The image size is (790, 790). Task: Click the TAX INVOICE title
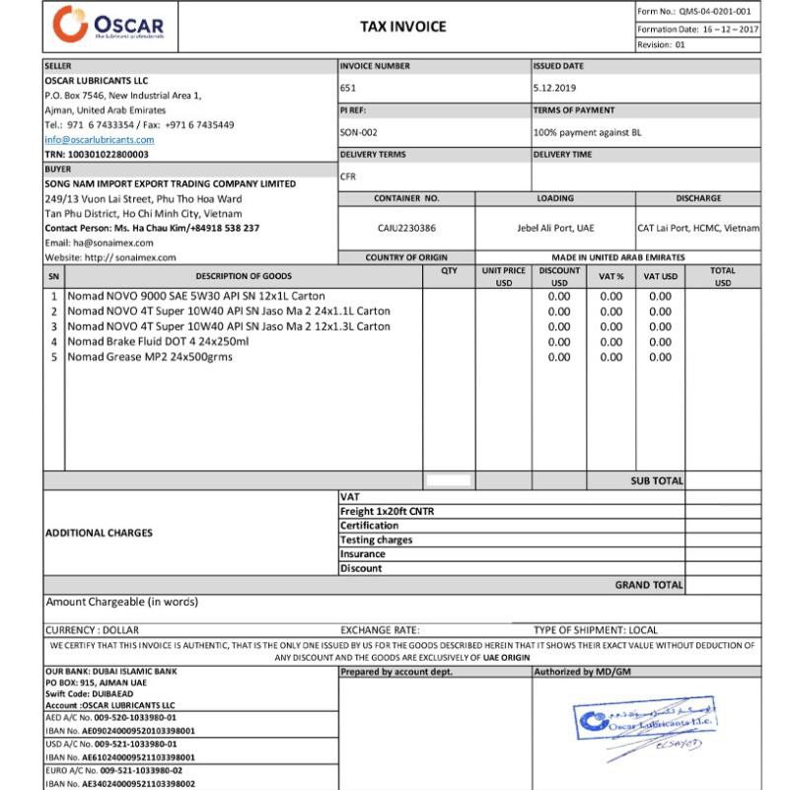[402, 27]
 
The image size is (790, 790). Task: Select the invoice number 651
[348, 88]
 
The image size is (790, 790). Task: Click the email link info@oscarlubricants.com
[100, 140]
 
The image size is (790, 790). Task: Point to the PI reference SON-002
[358, 132]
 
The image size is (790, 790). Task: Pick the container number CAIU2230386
[406, 228]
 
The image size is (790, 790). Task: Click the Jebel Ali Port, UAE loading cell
[555, 228]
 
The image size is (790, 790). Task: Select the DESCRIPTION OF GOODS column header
[243, 277]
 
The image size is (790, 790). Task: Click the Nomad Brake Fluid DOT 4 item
[158, 341]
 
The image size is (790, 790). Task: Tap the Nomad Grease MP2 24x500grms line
[150, 357]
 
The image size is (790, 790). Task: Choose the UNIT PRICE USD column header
[503, 276]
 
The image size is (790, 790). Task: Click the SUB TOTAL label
[656, 481]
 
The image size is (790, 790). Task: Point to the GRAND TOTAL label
[648, 585]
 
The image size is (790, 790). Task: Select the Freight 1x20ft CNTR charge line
[387, 512]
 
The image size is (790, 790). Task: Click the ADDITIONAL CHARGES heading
[99, 533]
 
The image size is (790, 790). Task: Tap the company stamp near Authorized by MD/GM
[646, 728]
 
